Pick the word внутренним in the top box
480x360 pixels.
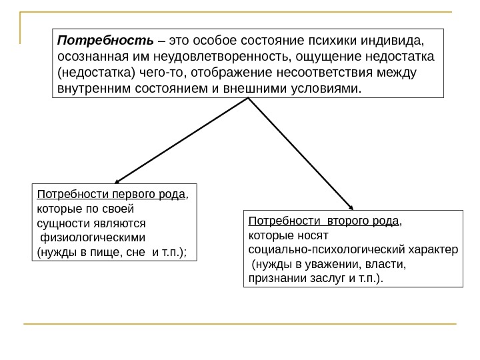(91, 88)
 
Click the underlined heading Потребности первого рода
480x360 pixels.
(111, 195)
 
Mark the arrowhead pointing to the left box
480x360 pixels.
(117, 179)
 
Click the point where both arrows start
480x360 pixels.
(249, 99)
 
